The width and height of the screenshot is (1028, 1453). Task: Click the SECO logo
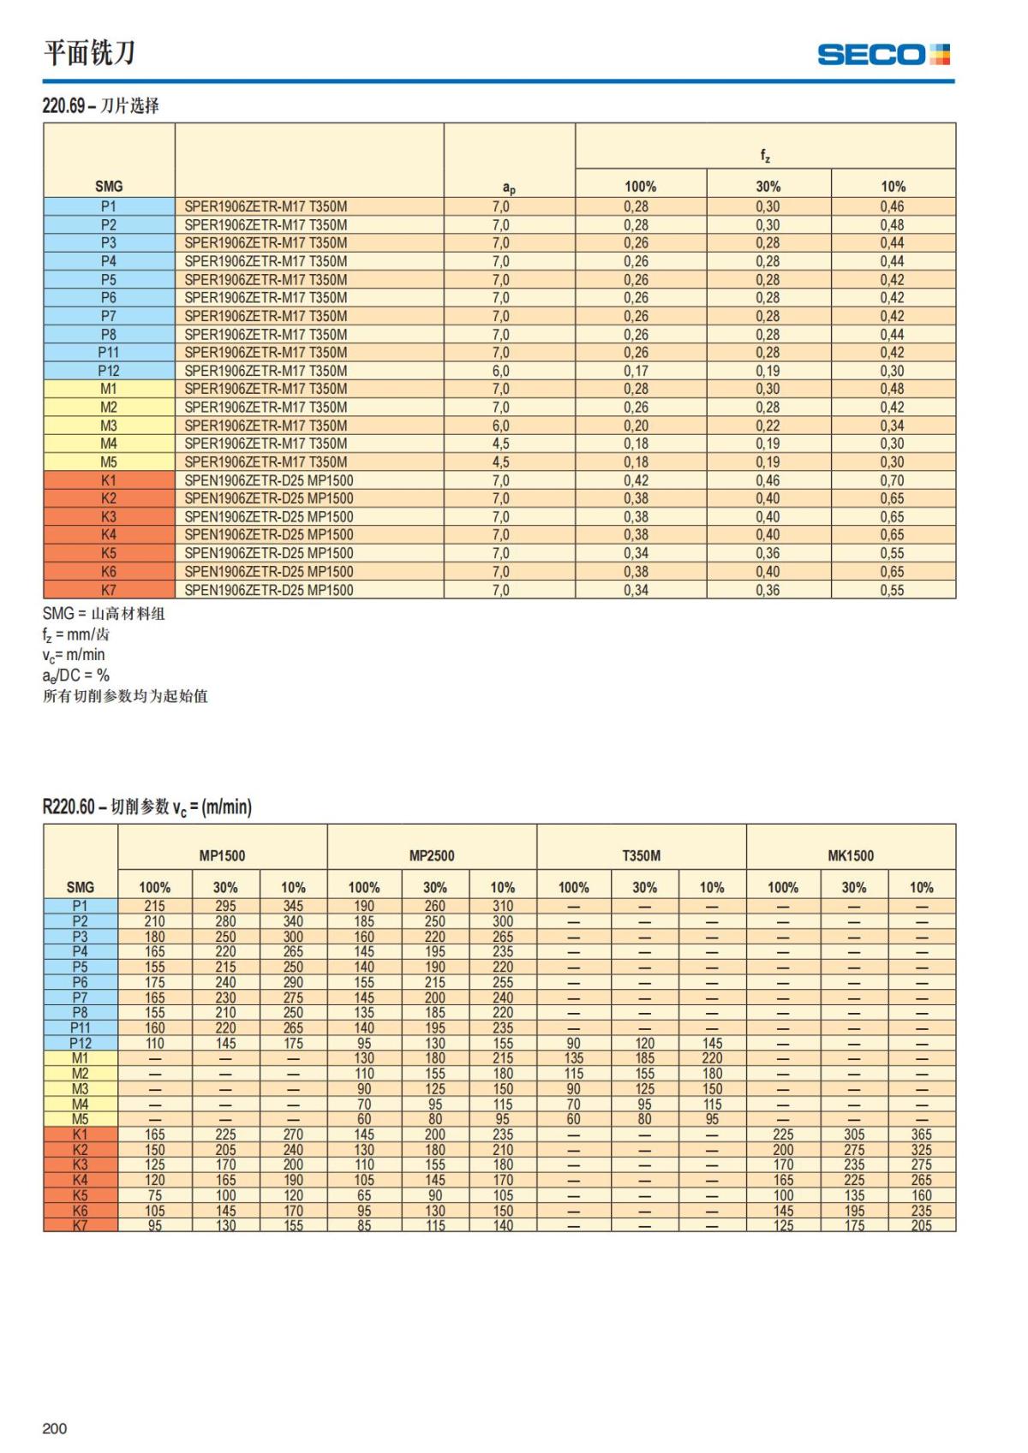pos(883,55)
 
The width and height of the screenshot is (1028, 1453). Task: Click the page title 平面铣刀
pos(90,53)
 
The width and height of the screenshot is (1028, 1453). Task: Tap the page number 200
pos(54,1428)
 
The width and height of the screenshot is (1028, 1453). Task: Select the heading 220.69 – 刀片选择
pos(101,105)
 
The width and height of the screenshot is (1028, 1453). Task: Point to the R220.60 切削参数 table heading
pos(146,807)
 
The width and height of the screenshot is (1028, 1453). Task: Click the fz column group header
pos(765,155)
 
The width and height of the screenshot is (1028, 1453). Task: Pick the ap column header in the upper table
pos(509,188)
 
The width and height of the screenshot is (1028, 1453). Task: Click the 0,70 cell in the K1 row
pos(892,480)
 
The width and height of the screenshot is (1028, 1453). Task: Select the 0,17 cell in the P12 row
pos(636,371)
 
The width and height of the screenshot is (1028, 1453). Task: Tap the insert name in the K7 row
pos(269,590)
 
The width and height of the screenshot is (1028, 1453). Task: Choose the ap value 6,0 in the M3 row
pos(500,426)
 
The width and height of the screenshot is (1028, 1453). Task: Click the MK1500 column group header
pos(851,855)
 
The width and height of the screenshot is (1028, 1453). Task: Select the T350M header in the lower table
pos(642,855)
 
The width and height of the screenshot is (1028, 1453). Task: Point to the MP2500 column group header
pos(432,855)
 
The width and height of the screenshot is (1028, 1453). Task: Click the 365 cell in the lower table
pos(921,1134)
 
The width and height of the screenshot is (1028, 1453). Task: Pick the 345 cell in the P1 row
pos(293,906)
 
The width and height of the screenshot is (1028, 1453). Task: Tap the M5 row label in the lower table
pos(80,1119)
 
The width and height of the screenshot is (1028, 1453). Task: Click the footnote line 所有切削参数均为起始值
pos(125,696)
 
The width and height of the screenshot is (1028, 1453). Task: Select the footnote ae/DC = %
pos(76,676)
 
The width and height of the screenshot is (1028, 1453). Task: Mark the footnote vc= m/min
pos(74,655)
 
